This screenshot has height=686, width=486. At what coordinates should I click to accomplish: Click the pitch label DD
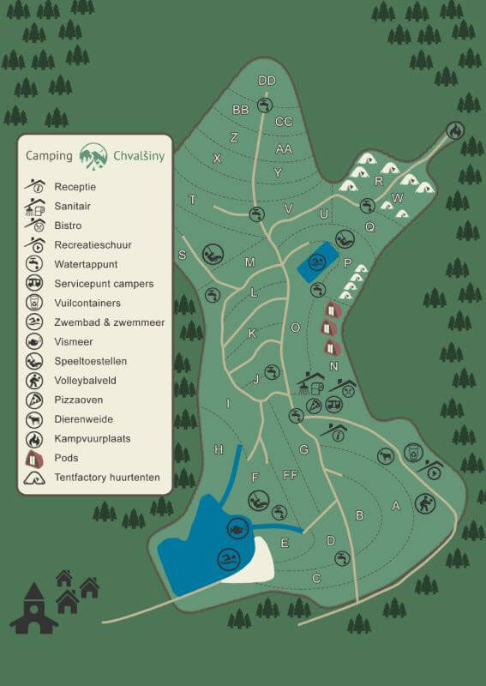pyautogui.click(x=267, y=81)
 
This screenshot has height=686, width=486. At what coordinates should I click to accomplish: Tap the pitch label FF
pyautogui.click(x=290, y=474)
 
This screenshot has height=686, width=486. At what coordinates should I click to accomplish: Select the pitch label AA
pyautogui.click(x=284, y=148)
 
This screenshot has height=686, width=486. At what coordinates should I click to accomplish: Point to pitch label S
pyautogui.click(x=182, y=255)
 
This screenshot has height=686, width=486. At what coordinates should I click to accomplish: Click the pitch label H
pyautogui.click(x=219, y=449)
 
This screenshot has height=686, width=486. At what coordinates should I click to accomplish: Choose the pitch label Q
pyautogui.click(x=370, y=227)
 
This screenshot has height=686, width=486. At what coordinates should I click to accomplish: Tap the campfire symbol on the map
pyautogui.click(x=455, y=130)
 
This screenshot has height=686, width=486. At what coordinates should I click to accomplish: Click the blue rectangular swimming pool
pyautogui.click(x=316, y=261)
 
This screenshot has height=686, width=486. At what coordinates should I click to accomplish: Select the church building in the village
pyautogui.click(x=34, y=611)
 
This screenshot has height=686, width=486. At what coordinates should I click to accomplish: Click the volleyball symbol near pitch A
pyautogui.click(x=424, y=503)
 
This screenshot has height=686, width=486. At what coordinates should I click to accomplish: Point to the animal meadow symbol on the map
pyautogui.click(x=386, y=456)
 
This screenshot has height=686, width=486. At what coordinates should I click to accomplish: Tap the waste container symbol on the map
pyautogui.click(x=413, y=451)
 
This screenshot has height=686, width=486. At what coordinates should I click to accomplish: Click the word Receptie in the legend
pyautogui.click(x=75, y=186)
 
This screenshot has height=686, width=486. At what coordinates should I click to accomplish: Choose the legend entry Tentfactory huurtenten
pyautogui.click(x=107, y=477)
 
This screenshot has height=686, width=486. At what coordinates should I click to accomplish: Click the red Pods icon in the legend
pyautogui.click(x=34, y=458)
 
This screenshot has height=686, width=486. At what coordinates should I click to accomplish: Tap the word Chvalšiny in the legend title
pyautogui.click(x=139, y=156)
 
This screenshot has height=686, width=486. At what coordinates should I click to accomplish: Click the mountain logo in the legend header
pyautogui.click(x=93, y=155)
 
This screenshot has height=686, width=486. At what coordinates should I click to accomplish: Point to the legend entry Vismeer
pyautogui.click(x=74, y=341)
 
